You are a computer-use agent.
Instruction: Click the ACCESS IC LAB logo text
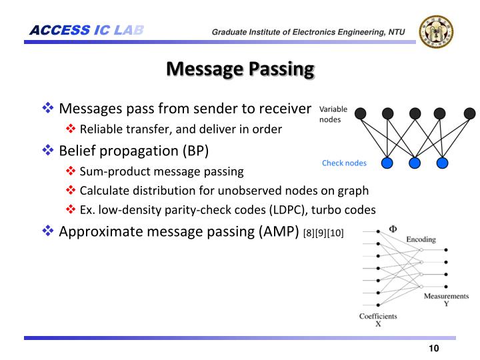point(87,30)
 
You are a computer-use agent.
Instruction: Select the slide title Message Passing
point(239,69)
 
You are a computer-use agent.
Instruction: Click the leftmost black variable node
point(360,113)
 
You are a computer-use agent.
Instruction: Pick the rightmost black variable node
point(469,113)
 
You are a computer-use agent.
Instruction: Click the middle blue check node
point(415,163)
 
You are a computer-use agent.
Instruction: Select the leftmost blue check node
point(387,163)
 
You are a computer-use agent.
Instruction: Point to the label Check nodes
point(344,163)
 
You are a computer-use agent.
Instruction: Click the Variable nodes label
point(333,114)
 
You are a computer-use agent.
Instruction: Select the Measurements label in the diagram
point(446,296)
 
